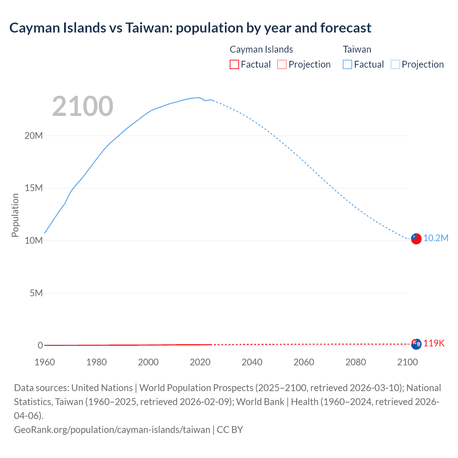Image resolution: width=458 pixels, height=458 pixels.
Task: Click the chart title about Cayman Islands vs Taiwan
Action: [190, 28]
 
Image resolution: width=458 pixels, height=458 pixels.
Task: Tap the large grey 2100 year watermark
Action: [83, 106]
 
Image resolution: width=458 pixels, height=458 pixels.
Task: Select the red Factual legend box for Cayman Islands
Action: [234, 64]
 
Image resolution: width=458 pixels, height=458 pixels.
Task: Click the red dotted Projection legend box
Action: [282, 64]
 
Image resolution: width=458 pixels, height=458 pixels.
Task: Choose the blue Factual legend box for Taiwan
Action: [347, 64]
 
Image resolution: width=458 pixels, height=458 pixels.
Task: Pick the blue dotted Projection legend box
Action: [395, 64]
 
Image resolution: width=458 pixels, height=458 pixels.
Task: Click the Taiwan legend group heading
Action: [357, 49]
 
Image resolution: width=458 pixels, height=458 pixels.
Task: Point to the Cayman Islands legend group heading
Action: [261, 49]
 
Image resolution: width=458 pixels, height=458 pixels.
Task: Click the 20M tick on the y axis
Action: [34, 136]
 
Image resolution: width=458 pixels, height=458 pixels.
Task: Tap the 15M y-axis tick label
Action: [34, 188]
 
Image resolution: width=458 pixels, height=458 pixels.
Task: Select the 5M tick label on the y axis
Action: [36, 293]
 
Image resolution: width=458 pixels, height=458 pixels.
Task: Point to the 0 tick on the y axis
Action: [40, 345]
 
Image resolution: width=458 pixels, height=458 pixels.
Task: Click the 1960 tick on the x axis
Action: [45, 362]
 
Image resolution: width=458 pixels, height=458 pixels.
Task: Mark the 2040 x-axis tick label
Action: [252, 362]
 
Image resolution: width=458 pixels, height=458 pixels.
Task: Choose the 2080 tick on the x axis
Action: [356, 362]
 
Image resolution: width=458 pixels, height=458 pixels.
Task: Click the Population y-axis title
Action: [15, 215]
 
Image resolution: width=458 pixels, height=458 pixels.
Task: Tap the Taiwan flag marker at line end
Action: [416, 239]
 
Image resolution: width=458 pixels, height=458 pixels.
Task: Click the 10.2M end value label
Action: [435, 238]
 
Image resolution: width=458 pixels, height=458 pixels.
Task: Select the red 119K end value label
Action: [434, 343]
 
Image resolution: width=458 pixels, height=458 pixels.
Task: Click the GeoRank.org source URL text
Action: [112, 429]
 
